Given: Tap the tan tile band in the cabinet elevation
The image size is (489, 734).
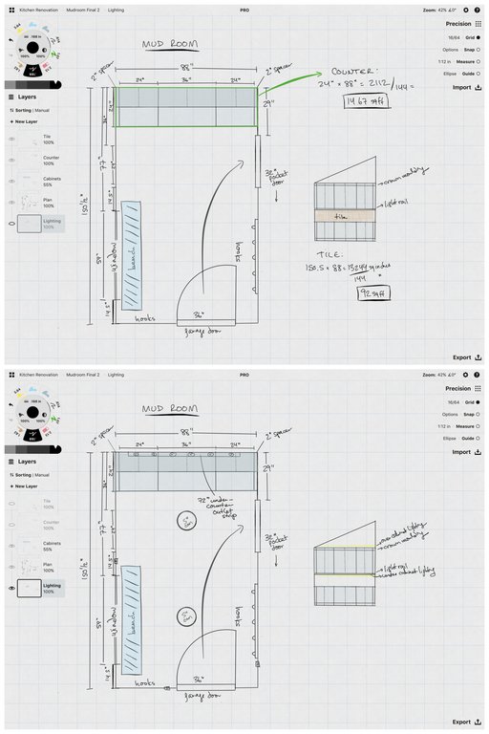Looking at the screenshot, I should coord(345,217).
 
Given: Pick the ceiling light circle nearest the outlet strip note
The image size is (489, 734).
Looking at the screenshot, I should coord(187,521).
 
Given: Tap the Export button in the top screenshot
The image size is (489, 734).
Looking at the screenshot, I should coord(466,356).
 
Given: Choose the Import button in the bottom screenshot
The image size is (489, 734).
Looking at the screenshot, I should coord(465,452).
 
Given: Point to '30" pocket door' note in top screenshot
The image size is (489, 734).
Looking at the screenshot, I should coord(278,180).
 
